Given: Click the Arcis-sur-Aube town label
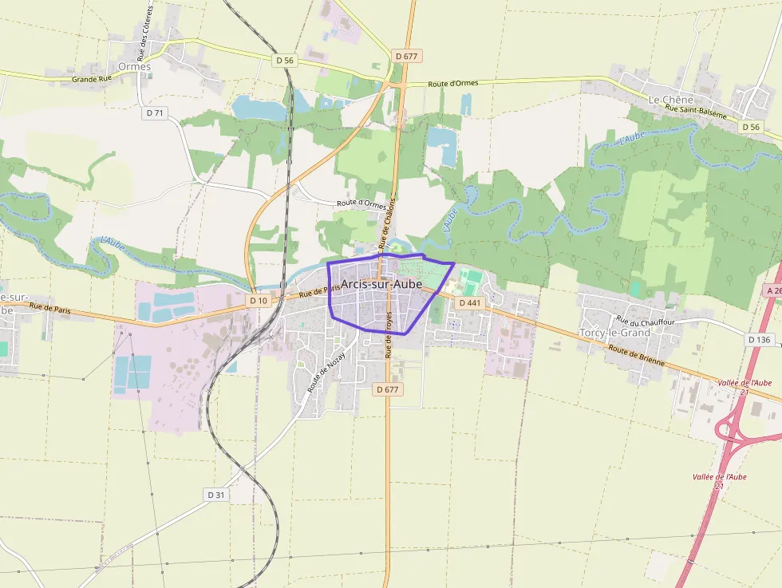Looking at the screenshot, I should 381,286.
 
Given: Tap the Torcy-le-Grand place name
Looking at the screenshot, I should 614,332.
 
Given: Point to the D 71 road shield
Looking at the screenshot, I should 155,113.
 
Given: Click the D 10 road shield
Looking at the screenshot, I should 258,301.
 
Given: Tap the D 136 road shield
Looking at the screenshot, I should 760,340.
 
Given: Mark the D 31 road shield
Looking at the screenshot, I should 216,495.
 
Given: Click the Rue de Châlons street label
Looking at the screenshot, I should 387,222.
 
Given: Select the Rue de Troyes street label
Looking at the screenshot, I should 389,334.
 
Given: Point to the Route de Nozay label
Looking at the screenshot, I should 326,372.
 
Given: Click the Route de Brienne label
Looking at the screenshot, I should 636,353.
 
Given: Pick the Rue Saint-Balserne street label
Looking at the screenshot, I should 696,112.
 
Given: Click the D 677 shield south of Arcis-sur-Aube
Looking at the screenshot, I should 388,389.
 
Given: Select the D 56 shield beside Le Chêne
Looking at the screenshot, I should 750,127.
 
